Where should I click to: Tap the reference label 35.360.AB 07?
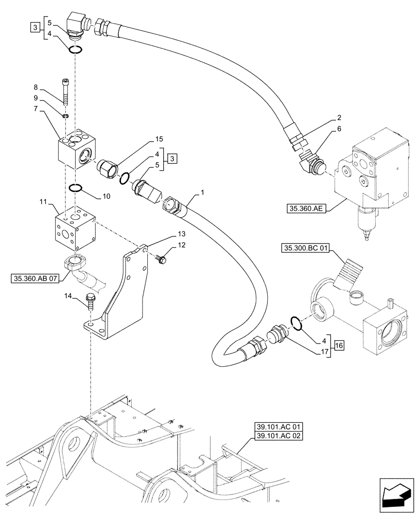(34, 279)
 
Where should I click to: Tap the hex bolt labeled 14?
(91, 301)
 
